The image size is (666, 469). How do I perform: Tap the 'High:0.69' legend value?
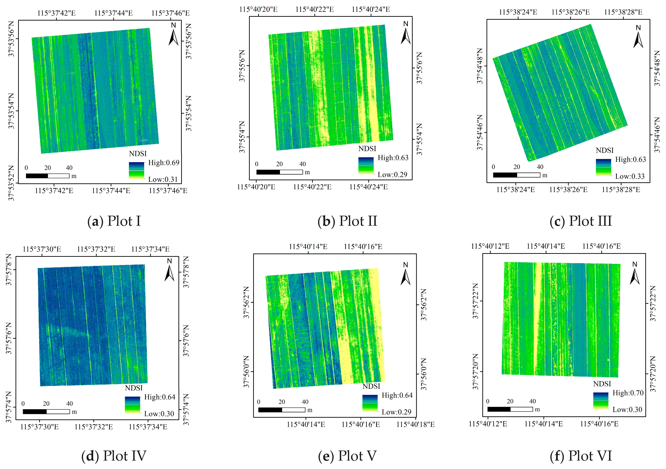[x=164, y=163]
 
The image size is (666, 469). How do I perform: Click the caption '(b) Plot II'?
[x=347, y=221]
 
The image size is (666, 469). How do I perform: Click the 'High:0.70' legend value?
[x=628, y=393]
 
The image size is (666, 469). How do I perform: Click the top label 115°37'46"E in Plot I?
[x=171, y=13]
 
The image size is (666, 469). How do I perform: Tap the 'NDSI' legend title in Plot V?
[x=371, y=386]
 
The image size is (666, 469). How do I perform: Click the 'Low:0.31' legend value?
[x=163, y=179]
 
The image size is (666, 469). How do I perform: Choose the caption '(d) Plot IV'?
[x=114, y=456]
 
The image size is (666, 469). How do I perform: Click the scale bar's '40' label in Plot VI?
[x=533, y=401]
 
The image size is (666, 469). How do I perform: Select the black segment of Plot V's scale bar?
[x=270, y=410]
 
